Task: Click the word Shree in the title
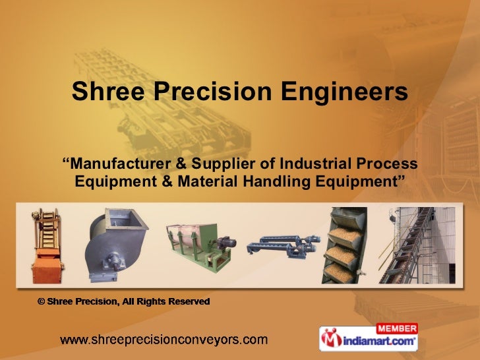pyautogui.click(x=108, y=92)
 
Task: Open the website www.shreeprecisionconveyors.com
pyautogui.click(x=164, y=341)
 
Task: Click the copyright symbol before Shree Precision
pyautogui.click(x=41, y=302)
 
